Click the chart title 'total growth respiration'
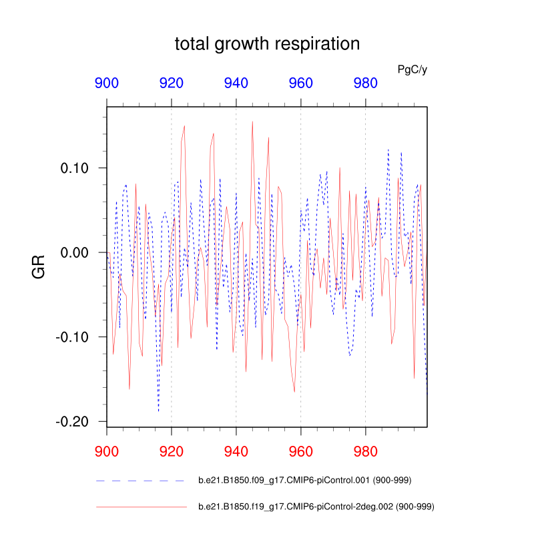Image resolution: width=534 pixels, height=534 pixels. tap(267, 45)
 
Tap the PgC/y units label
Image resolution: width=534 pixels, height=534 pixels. tap(412, 69)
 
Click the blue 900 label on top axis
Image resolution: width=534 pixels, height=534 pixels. tap(107, 83)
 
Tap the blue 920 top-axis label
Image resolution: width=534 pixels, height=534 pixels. tap(172, 83)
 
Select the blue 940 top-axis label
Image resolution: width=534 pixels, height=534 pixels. tap(236, 83)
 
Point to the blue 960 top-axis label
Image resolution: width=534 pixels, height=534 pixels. tap(301, 83)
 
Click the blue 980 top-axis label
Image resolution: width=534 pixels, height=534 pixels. tap(366, 83)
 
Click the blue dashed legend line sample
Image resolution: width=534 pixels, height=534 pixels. tap(141, 481)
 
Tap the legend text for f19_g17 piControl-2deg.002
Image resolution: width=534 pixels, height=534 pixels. tap(316, 508)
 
